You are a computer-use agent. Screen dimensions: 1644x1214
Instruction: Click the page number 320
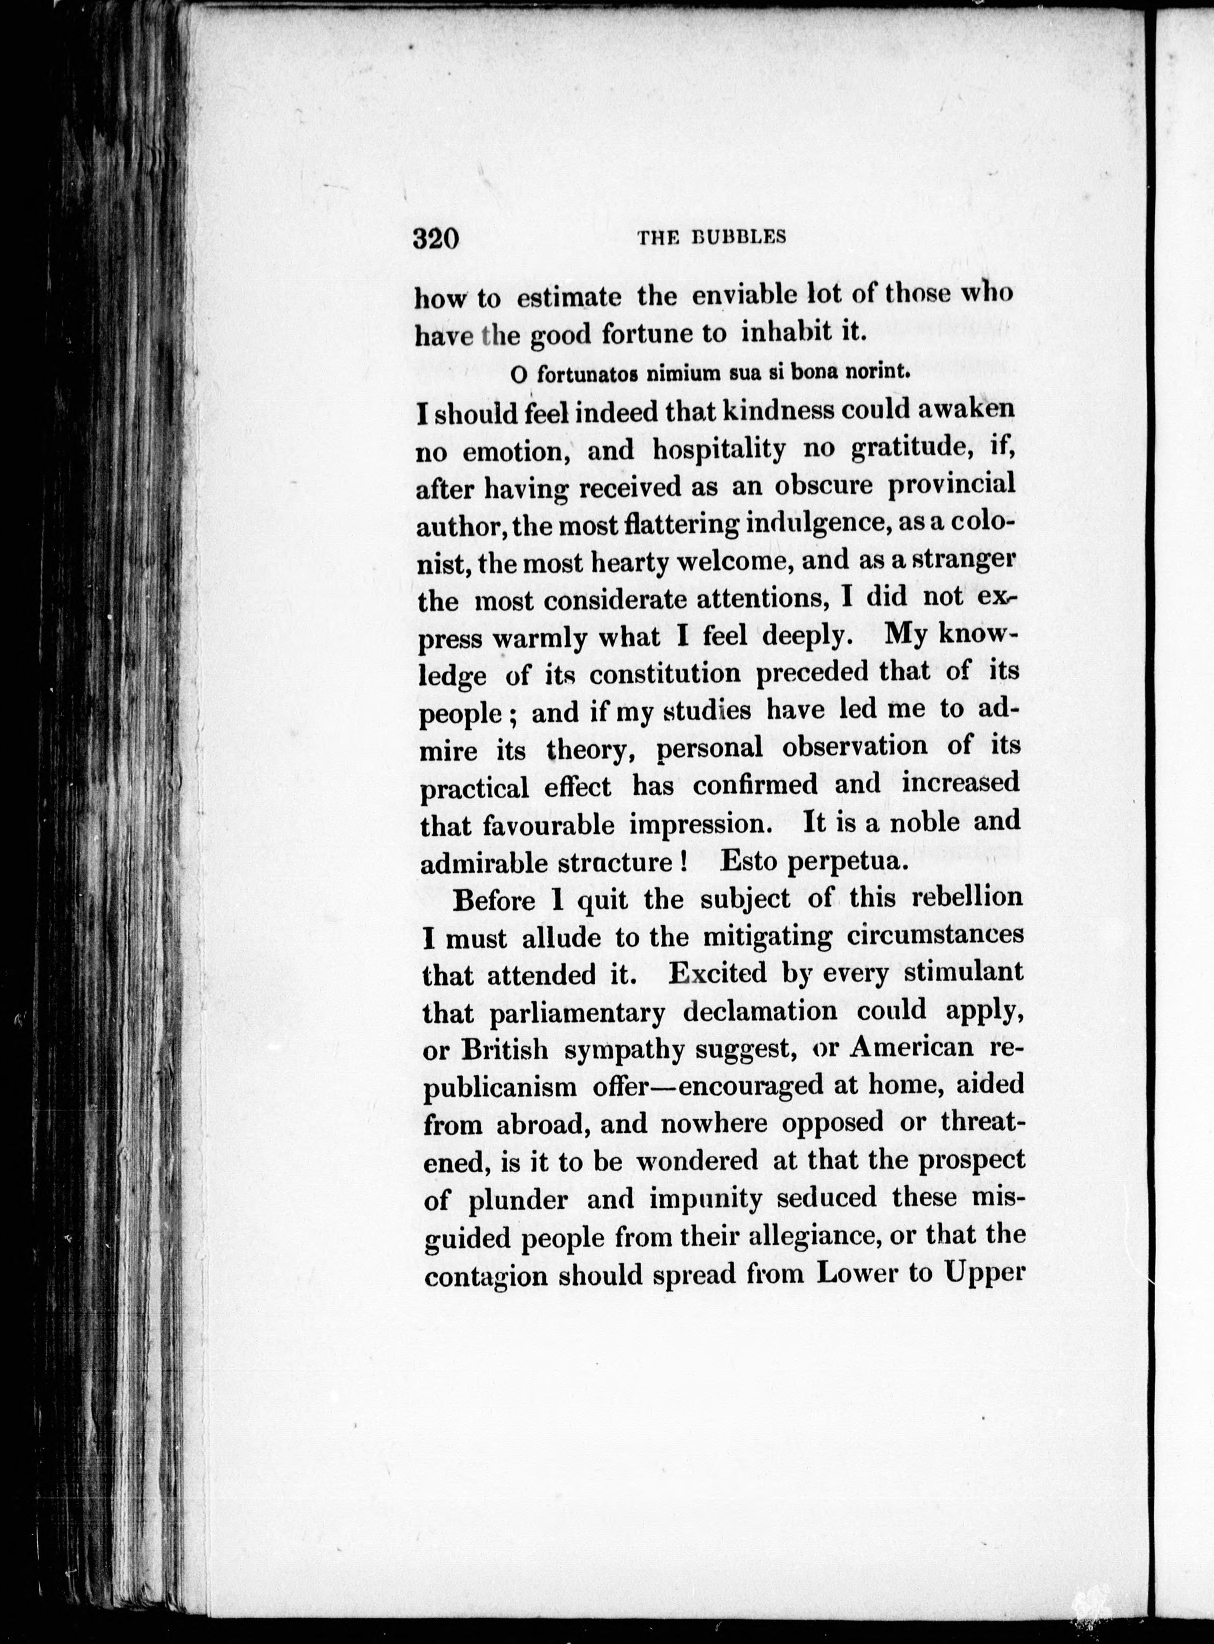[436, 239]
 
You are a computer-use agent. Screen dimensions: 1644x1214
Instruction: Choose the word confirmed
[755, 785]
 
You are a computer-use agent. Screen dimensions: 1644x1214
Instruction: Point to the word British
[505, 1050]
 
